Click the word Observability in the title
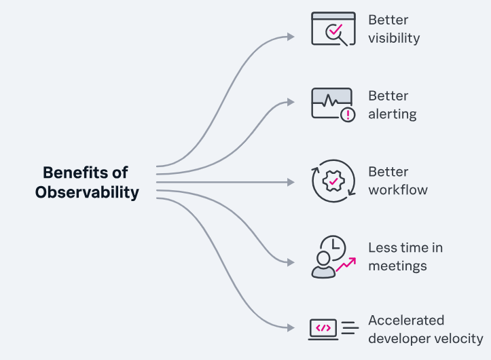[x=87, y=192]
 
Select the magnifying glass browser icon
[x=333, y=29]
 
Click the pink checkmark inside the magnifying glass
[x=335, y=30]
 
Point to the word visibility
[x=394, y=38]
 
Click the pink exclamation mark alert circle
[x=348, y=115]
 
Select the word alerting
[x=393, y=114]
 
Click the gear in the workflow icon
[x=333, y=181]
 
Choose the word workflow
[x=398, y=190]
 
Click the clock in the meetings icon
[x=334, y=247]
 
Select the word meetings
[x=397, y=266]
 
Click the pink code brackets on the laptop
[x=323, y=328]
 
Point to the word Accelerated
[x=406, y=321]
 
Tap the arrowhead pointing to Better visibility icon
[x=291, y=37]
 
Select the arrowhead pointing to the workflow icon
[x=291, y=182]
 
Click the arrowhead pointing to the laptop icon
[x=291, y=327]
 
